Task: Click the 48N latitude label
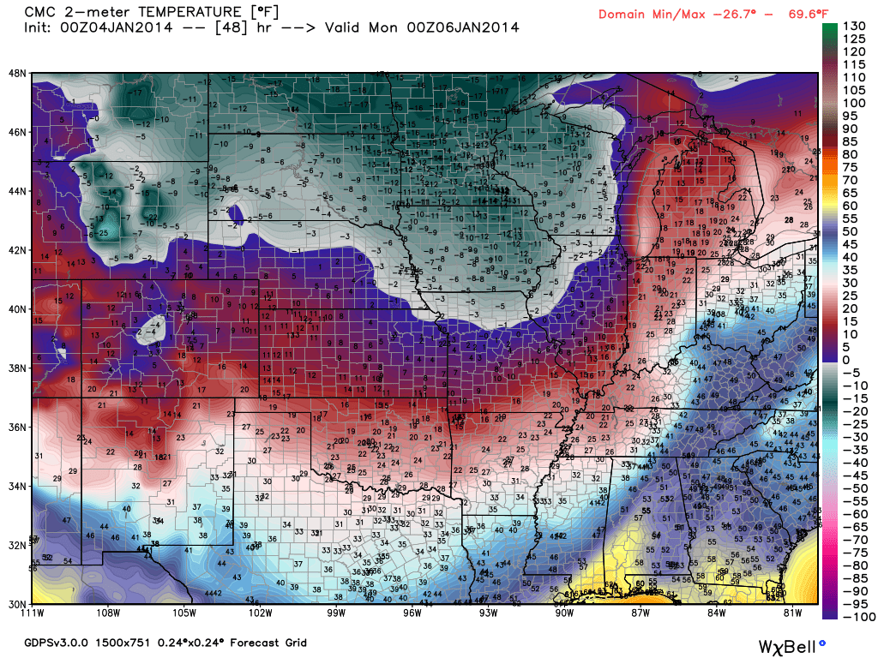[x=17, y=73]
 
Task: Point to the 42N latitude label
[x=17, y=250]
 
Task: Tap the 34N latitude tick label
[x=17, y=486]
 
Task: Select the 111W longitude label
[x=33, y=613]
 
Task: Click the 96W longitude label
[x=412, y=613]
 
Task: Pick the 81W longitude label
[x=792, y=613]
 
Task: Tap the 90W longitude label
[x=564, y=613]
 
